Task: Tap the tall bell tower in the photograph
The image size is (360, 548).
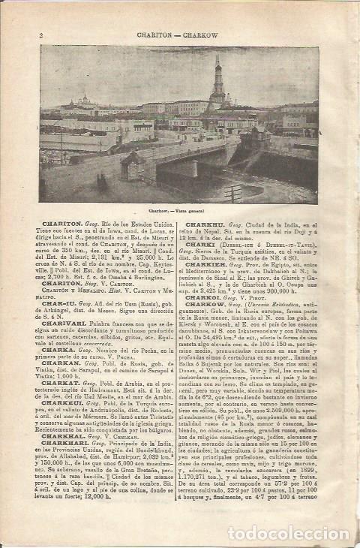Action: pyautogui.click(x=217, y=83)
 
